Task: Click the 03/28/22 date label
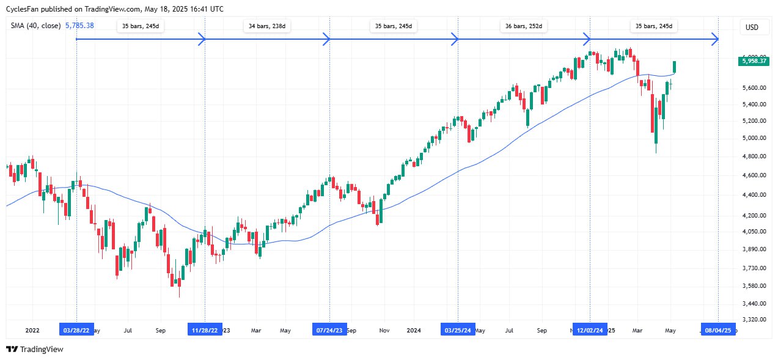(x=76, y=330)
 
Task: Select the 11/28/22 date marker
(x=205, y=330)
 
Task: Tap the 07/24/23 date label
(x=330, y=330)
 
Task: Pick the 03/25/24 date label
(x=458, y=330)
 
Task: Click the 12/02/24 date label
(x=590, y=330)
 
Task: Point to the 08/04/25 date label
(x=718, y=330)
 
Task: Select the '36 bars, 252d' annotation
(x=524, y=27)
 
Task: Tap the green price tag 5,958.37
(x=754, y=61)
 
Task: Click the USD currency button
(x=752, y=28)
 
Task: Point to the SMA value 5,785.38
(x=82, y=25)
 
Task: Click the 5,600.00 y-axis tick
(x=752, y=88)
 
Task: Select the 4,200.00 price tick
(x=752, y=215)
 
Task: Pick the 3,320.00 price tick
(x=752, y=320)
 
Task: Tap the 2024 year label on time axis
(x=414, y=330)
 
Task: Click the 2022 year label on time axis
(x=32, y=330)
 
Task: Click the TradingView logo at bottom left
(x=35, y=349)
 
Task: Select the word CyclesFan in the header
(x=23, y=9)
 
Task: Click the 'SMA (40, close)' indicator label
(x=35, y=25)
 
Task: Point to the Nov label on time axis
(x=384, y=330)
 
